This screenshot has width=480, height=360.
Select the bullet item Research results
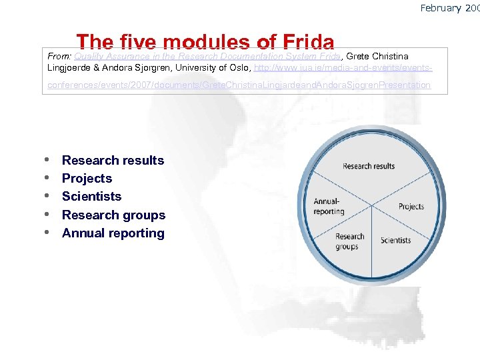(113, 160)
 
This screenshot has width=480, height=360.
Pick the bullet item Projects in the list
(87, 178)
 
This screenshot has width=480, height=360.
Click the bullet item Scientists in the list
(91, 196)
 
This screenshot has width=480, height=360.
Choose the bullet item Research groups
(113, 215)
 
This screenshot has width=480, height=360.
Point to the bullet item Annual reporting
(113, 233)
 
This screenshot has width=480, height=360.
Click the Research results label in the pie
(369, 166)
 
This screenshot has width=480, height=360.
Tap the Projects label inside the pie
(411, 207)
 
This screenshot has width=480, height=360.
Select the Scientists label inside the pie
(396, 240)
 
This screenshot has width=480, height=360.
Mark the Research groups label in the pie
(349, 241)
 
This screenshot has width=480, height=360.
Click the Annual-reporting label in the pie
(329, 207)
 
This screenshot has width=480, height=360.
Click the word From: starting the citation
(59, 57)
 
